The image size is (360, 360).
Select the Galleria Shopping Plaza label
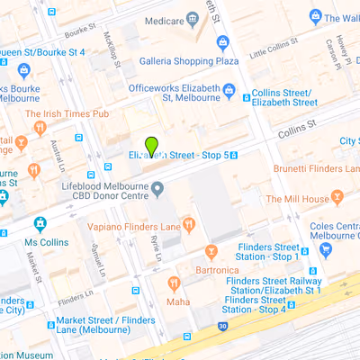(x=188, y=61)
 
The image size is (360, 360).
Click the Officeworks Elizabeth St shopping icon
(x=229, y=91)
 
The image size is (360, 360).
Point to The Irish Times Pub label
(x=67, y=113)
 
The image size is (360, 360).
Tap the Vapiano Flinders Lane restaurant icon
(x=188, y=224)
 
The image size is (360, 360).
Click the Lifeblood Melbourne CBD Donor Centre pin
(x=158, y=189)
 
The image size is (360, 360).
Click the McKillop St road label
(x=112, y=49)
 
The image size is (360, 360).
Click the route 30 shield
(x=220, y=325)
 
